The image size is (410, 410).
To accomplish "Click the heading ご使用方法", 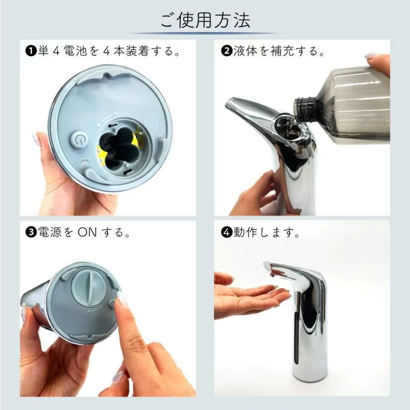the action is point(205,20).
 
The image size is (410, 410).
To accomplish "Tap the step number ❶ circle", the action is point(31,51).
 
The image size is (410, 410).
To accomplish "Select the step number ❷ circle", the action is point(226,51).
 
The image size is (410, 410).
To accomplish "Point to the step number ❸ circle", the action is point(31,232).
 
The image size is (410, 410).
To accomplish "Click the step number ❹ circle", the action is point(226,232).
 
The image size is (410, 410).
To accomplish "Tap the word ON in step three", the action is point(87,232).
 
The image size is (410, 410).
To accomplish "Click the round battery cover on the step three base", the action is point(91,288).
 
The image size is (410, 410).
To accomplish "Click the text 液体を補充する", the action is point(278,51).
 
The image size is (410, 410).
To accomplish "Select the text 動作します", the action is point(266,232).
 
